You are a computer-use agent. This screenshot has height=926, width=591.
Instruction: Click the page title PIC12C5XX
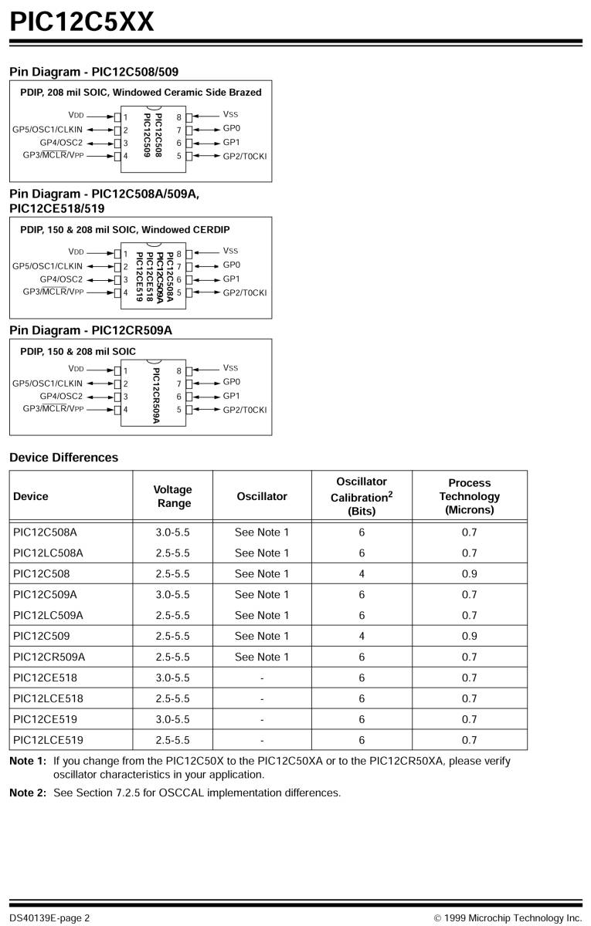pos(82,21)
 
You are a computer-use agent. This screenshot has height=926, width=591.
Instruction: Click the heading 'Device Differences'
pos(64,458)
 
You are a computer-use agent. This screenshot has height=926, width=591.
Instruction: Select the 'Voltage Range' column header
pos(172,496)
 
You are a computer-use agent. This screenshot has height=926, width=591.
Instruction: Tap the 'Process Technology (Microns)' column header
pos(469,496)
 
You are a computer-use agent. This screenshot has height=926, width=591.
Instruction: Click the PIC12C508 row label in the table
pos(42,574)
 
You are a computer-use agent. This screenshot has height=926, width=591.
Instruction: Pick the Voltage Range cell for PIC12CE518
pos(172,678)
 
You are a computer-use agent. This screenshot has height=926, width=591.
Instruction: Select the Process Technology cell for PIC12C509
pos(469,637)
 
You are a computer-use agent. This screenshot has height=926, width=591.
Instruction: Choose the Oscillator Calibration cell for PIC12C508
pos(362,574)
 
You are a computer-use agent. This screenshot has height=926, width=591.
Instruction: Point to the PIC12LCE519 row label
pos(49,741)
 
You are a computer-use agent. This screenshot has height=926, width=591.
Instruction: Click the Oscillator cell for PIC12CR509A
pos(262,657)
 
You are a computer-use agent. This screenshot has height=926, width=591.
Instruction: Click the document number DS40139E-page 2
pos(49,918)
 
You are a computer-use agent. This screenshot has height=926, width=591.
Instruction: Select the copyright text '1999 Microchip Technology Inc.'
pos(513,918)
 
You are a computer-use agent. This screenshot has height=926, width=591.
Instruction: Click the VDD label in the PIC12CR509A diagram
pos(76,369)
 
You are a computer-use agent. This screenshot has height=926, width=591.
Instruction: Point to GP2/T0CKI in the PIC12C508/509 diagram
pos(244,157)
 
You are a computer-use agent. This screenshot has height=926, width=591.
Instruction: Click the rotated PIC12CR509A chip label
pos(156,395)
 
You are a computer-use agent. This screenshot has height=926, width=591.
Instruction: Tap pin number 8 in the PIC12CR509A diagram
pos(178,370)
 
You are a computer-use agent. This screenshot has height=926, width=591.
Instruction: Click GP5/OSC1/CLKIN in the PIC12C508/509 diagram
pos(47,129)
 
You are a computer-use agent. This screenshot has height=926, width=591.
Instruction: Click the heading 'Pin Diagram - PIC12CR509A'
pos(90,330)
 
